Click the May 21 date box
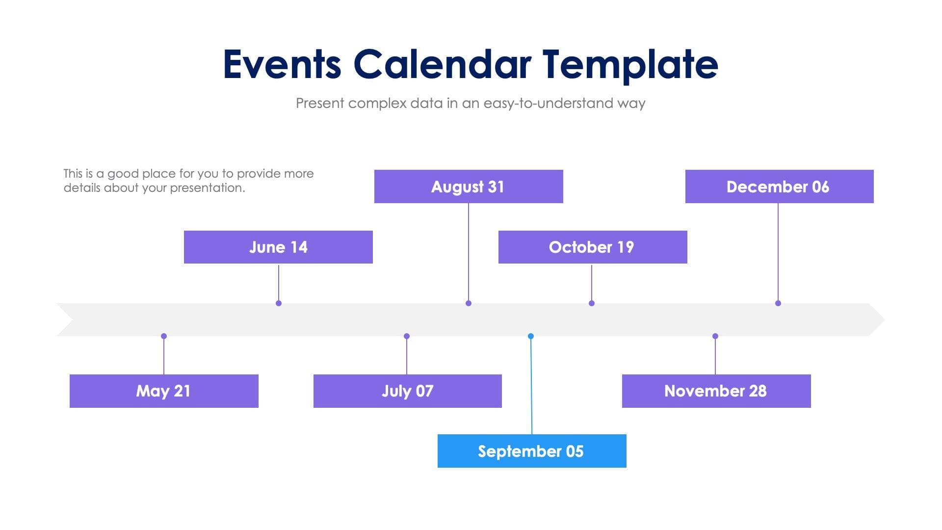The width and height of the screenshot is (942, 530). tap(164, 391)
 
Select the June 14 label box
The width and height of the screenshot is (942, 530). tap(278, 247)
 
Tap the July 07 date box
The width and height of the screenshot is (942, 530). tap(407, 391)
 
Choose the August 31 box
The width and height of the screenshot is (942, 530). tap(469, 186)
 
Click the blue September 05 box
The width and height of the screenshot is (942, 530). tap(532, 451)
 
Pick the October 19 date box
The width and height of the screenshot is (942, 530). tap(593, 247)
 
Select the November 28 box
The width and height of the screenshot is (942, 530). tap(716, 391)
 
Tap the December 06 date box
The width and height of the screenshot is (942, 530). tap(779, 186)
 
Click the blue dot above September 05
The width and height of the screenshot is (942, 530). tap(531, 336)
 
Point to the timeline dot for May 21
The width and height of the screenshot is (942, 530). tap(164, 336)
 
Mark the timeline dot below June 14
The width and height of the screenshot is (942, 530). tap(279, 303)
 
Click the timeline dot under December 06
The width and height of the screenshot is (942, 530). tap(778, 303)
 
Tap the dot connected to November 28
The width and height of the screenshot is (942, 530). tap(715, 336)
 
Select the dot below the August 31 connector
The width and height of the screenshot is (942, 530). tap(469, 303)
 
